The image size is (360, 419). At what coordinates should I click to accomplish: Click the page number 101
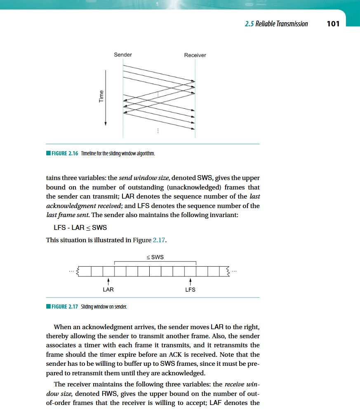click(333, 24)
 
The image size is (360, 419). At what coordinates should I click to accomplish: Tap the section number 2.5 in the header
click(249, 24)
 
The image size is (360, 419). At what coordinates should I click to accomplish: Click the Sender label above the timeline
click(123, 55)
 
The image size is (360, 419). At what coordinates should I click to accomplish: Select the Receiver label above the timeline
click(195, 55)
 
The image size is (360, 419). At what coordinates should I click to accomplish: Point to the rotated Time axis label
click(101, 96)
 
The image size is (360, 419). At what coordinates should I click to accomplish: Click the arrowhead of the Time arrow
click(106, 124)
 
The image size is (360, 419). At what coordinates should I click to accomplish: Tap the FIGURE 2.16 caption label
click(65, 153)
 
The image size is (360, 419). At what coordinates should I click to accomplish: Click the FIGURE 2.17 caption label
click(65, 307)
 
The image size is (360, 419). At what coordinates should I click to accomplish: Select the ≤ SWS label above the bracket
click(155, 257)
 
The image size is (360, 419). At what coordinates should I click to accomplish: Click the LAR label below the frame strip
click(108, 290)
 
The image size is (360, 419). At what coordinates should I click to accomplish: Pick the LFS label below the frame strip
click(190, 290)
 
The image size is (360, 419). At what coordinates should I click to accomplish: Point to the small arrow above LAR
click(108, 281)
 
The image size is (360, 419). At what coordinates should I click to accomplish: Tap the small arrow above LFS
click(191, 281)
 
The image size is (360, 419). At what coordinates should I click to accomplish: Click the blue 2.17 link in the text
click(159, 240)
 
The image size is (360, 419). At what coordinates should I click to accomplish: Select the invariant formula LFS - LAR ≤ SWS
click(80, 228)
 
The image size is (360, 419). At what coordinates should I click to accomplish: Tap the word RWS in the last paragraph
click(109, 393)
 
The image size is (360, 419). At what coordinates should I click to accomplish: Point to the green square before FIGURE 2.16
click(48, 153)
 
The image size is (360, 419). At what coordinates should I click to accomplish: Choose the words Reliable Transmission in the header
click(282, 24)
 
